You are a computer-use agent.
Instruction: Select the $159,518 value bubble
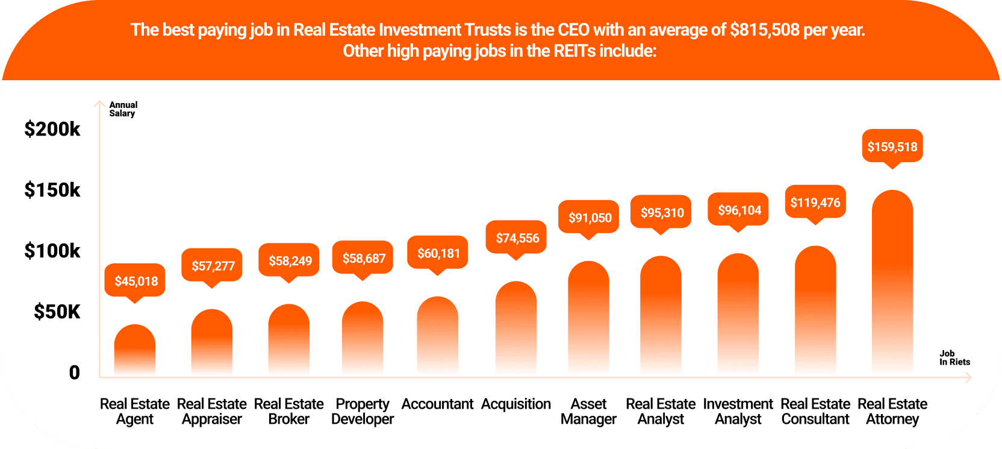(x=892, y=146)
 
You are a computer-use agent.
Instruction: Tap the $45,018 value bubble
(x=135, y=281)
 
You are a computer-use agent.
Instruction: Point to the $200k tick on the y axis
(x=52, y=129)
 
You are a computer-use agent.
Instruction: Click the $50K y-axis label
(x=57, y=312)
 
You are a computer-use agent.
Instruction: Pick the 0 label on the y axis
(x=74, y=372)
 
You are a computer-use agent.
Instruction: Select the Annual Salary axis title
(x=123, y=109)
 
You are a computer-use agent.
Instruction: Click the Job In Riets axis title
(x=954, y=358)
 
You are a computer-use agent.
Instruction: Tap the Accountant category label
(x=437, y=404)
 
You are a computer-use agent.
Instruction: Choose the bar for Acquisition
(x=516, y=328)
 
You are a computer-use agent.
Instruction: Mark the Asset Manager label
(x=588, y=411)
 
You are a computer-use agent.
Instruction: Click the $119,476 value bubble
(x=815, y=203)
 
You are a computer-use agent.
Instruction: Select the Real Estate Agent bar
(x=135, y=350)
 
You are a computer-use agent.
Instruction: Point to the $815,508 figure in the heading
(x=764, y=30)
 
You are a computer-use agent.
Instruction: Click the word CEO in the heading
(x=573, y=30)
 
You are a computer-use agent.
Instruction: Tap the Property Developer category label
(x=363, y=411)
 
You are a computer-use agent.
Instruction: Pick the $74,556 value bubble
(x=517, y=238)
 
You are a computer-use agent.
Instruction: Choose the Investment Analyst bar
(x=738, y=313)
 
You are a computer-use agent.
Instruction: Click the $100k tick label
(x=52, y=251)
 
